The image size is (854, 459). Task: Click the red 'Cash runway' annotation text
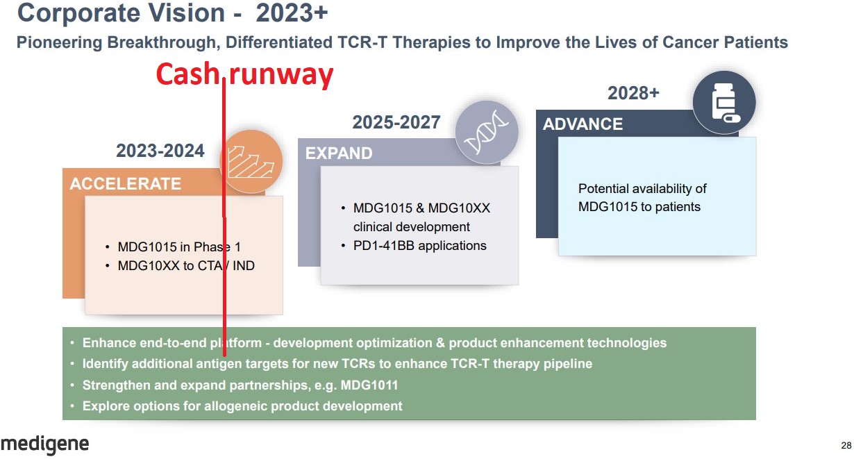[245, 75]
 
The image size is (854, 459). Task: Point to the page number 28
[846, 445]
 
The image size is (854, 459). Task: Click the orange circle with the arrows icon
[251, 161]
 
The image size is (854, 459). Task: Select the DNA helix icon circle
[487, 133]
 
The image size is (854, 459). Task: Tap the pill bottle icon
[724, 103]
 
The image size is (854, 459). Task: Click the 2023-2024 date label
[160, 151]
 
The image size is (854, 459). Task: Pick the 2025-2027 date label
[396, 122]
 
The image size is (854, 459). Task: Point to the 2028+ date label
[633, 93]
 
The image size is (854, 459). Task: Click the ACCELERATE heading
[126, 184]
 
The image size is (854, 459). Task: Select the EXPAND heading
[339, 153]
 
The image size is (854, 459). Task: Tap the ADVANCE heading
[583, 124]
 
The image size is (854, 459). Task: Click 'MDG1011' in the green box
[369, 385]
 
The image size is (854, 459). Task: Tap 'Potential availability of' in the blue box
[642, 189]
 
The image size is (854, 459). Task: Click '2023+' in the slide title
[292, 13]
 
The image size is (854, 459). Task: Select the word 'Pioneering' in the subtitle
[59, 42]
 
